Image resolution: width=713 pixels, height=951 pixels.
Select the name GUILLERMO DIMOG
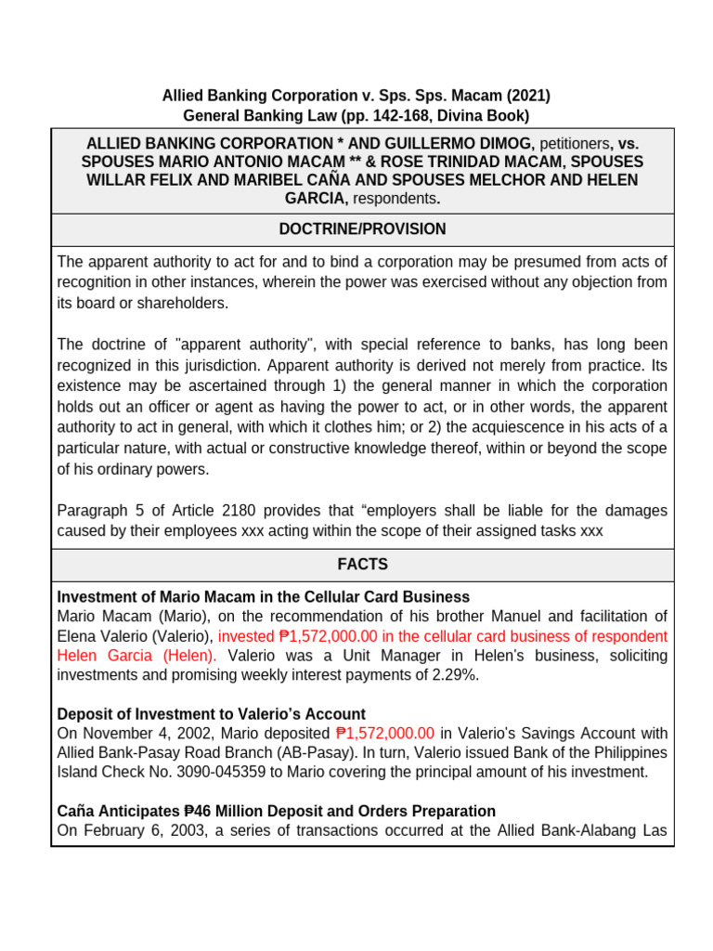point(472,144)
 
